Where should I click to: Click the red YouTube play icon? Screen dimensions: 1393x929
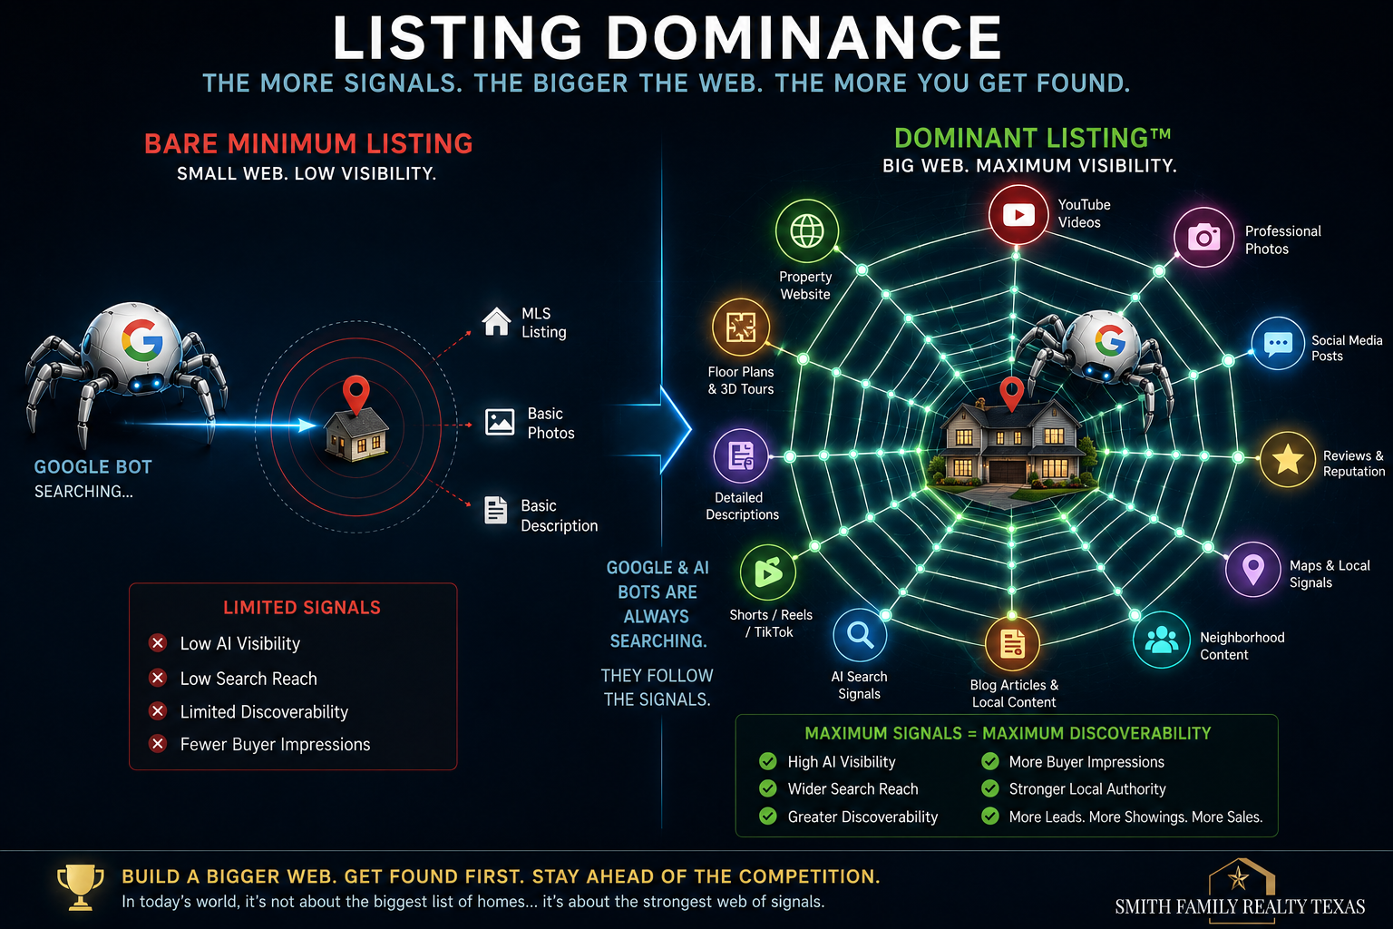tap(1018, 215)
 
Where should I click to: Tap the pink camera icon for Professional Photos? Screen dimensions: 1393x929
tap(1204, 237)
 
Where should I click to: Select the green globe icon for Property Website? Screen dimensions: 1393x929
tap(806, 230)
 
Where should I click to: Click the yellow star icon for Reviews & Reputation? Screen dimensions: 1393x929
tap(1287, 460)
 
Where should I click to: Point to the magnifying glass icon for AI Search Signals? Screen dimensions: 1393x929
tap(860, 635)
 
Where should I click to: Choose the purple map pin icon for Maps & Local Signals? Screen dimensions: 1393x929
tap(1252, 570)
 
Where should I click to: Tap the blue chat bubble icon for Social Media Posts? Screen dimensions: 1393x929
tap(1278, 344)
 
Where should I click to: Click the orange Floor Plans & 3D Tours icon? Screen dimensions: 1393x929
tap(741, 327)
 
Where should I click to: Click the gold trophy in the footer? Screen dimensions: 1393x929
tap(80, 887)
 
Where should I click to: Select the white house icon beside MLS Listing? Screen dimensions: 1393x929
tap(496, 321)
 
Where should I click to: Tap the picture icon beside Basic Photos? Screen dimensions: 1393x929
tap(500, 422)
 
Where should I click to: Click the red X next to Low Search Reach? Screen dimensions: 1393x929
tap(158, 678)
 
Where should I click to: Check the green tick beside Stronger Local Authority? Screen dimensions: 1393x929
tap(989, 788)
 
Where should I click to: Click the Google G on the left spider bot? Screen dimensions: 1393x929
tap(142, 339)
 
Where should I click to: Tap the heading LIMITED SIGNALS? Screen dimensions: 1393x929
tap(302, 607)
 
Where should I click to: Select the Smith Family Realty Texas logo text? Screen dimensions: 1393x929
tap(1240, 906)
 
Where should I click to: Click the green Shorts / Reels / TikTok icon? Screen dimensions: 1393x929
tap(768, 572)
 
